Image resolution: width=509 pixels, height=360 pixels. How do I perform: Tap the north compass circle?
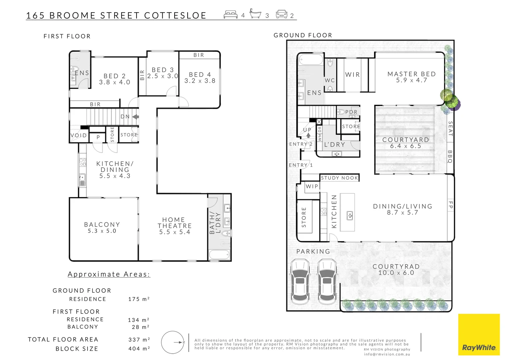(x=173, y=342)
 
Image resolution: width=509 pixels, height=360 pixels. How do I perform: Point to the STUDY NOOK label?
(x=339, y=178)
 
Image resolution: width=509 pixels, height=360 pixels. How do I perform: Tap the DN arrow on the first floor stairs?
(x=135, y=117)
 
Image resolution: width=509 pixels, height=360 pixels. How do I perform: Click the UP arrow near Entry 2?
(x=308, y=135)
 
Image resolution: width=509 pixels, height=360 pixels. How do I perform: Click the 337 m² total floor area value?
(x=139, y=340)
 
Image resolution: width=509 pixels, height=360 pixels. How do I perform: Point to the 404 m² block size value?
(x=139, y=349)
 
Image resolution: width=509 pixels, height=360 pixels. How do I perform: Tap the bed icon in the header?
(x=231, y=15)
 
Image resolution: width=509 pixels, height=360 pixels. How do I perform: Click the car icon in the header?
(x=281, y=14)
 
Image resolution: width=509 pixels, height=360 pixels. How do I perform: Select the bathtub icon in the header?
(x=255, y=14)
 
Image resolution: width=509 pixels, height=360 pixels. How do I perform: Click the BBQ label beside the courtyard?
(x=450, y=156)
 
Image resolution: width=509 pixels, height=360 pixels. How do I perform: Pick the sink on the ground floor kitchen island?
(x=350, y=215)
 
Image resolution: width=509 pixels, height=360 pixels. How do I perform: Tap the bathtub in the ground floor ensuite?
(x=311, y=60)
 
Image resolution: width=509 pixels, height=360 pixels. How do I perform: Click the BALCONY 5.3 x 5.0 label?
(x=102, y=228)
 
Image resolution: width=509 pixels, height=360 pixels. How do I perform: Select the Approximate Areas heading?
(x=109, y=274)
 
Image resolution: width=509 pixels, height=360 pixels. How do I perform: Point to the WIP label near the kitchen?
(x=312, y=186)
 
